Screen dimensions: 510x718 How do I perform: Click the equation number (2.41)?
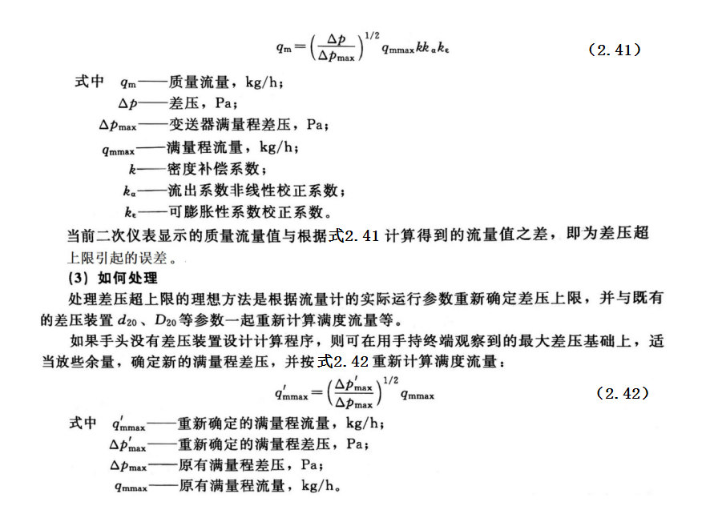coord(614,50)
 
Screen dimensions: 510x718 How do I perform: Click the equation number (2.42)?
coord(623,393)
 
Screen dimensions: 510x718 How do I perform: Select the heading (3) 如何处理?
coord(112,279)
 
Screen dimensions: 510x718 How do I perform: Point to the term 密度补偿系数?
coord(213,169)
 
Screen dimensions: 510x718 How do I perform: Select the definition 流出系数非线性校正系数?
coord(256,191)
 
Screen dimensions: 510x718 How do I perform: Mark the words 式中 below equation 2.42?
coord(83,422)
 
